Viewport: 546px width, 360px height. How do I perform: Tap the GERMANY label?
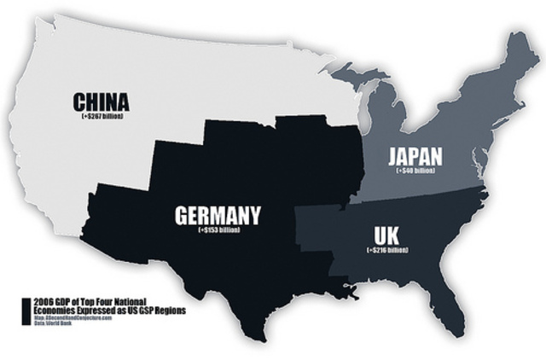218,215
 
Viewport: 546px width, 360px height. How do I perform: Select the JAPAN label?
415,157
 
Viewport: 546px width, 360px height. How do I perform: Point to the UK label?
386,234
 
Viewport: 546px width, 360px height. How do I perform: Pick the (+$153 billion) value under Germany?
218,229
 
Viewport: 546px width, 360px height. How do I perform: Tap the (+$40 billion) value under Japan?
415,171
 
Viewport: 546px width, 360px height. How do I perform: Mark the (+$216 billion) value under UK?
386,249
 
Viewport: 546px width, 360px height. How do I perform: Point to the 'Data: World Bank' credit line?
54,324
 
